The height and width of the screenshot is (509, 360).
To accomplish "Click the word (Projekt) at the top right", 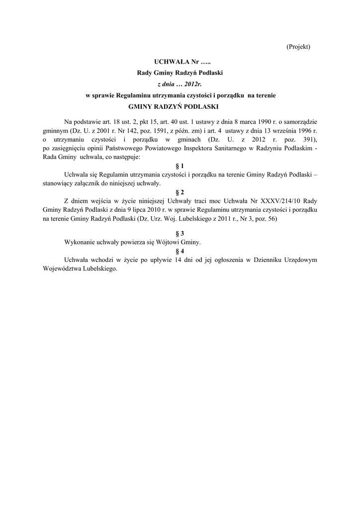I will [x=298, y=46].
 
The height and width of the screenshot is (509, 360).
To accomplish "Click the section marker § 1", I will [x=180, y=165].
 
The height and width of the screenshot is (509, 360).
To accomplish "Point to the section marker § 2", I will [x=180, y=192].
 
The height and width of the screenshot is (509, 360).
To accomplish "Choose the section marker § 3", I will [x=180, y=233].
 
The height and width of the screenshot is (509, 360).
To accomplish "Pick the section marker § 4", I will [x=180, y=251].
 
